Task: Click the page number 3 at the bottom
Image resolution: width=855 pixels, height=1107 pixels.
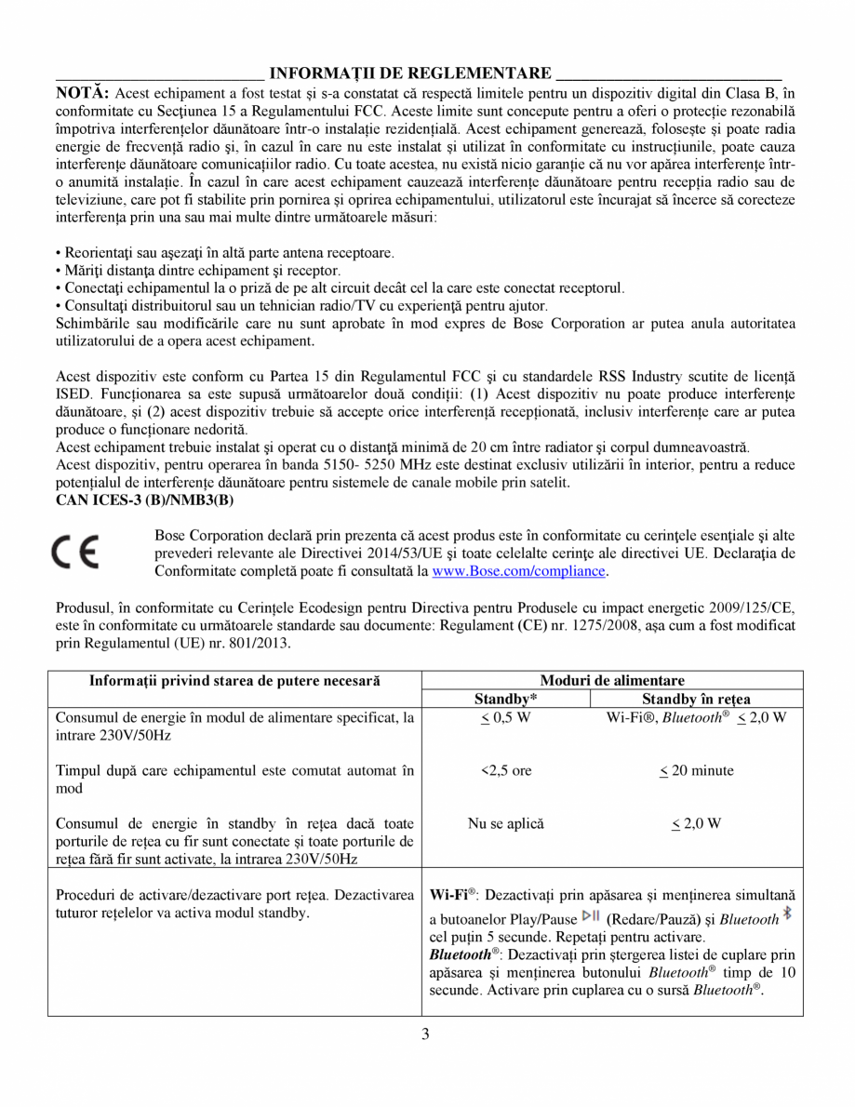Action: point(425,1034)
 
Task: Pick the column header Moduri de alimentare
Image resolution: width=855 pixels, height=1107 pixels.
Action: point(612,681)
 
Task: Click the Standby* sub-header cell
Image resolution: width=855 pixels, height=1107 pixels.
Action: point(506,699)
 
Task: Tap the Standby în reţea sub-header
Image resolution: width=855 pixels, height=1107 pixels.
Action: point(696,699)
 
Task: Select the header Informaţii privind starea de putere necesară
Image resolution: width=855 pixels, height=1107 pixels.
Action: point(234,681)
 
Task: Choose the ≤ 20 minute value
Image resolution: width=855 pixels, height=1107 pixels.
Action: point(696,770)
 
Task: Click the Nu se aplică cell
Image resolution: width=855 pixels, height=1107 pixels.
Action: point(506,823)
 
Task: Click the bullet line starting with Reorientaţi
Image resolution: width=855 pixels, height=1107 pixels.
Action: point(224,253)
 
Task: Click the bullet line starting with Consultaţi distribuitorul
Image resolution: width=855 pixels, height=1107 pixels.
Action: point(301,306)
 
